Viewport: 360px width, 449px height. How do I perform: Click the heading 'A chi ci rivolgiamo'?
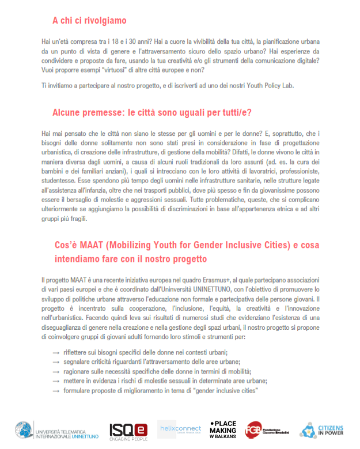click(89, 21)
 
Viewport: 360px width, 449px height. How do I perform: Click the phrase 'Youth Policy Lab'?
click(271, 85)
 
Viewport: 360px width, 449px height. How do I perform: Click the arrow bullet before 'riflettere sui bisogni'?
click(56, 352)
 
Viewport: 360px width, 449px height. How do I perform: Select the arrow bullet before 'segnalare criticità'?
click(56, 362)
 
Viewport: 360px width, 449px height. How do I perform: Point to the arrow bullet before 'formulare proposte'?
click(56, 391)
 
